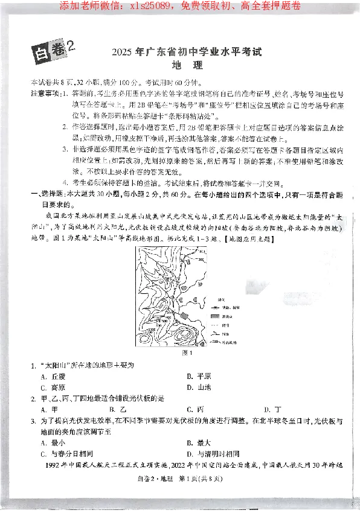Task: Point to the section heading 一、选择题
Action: [x=48, y=195]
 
